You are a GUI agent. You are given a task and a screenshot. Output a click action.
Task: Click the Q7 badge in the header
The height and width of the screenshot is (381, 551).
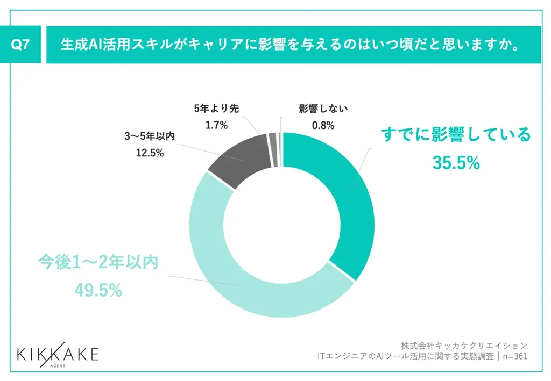20,45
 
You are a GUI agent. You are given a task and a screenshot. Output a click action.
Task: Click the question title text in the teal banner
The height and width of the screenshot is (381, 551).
291,45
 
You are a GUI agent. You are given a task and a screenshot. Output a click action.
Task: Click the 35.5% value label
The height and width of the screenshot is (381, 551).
456,162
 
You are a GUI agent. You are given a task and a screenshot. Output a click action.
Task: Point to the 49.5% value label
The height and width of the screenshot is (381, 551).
98,291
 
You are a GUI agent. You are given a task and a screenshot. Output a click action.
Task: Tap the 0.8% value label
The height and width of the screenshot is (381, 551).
323,126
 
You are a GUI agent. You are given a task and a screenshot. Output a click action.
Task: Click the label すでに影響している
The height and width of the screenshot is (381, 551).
456,134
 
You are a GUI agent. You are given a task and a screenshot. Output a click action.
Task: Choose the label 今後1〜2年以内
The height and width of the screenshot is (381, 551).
98,263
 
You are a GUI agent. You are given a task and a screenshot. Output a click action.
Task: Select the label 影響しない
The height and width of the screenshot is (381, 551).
323,109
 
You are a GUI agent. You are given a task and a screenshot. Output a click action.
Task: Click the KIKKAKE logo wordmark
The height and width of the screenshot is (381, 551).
58,354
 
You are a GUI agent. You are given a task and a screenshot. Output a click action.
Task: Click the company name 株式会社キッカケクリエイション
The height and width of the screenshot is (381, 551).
464,344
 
